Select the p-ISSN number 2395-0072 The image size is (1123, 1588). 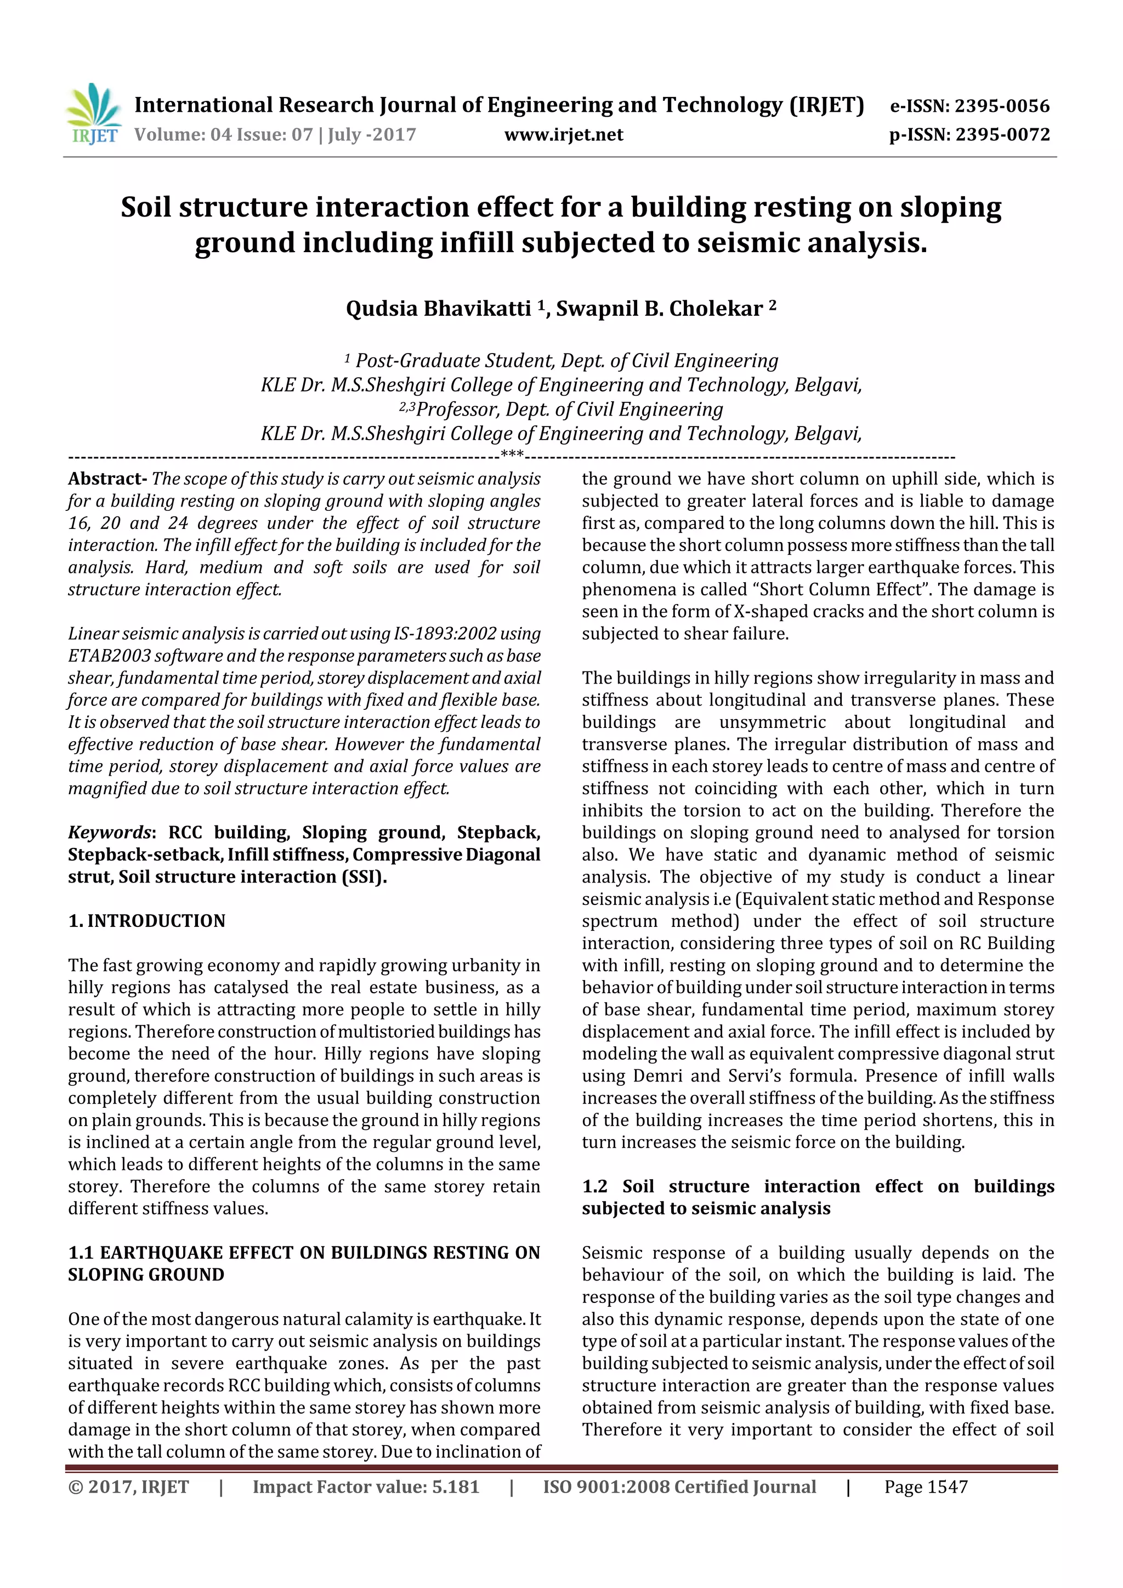1002,134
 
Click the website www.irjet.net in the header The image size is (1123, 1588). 563,134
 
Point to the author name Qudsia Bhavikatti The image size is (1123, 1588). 438,309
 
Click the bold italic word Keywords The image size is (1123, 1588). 109,832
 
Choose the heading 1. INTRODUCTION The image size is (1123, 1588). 147,920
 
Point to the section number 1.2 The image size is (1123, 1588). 594,1186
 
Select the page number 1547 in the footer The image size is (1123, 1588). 946,1487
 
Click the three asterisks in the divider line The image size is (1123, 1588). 512,454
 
